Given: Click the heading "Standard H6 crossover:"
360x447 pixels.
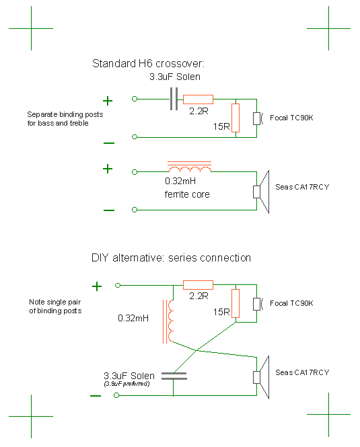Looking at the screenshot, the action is [148, 63].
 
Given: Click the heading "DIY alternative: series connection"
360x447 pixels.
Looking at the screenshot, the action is [171, 257].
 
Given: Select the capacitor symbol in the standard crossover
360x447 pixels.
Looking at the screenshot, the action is [174, 99].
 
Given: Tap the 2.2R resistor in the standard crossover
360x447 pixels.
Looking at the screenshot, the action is [198, 99].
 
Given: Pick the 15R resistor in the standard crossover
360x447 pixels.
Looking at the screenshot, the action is [236, 118].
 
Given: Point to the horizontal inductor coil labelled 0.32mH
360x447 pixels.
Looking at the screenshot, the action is [190, 167].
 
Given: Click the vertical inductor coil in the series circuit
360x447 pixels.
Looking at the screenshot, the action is [168, 321].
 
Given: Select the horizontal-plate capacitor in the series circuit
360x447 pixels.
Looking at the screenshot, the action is [174, 376].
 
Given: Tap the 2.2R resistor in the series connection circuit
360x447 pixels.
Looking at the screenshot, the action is [198, 285].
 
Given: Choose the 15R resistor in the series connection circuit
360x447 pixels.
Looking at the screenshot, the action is [236, 303].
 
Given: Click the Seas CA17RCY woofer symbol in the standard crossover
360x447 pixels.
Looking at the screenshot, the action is [261, 192].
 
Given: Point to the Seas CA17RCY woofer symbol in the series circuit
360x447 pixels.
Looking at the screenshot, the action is [261, 377].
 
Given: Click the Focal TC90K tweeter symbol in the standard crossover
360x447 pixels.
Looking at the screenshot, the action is [258, 118].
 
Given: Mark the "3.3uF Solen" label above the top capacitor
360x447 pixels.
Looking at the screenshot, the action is [175, 77].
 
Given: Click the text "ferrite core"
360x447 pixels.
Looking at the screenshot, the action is [187, 194].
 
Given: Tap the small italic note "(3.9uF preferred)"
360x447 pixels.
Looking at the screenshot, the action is [127, 384].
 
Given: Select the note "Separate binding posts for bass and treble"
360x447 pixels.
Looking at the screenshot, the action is [65, 118].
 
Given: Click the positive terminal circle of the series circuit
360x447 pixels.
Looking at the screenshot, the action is [118, 285].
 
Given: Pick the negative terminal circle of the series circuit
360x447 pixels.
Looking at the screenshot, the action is [116, 395].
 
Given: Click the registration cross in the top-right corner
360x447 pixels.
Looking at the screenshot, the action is [328, 28].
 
